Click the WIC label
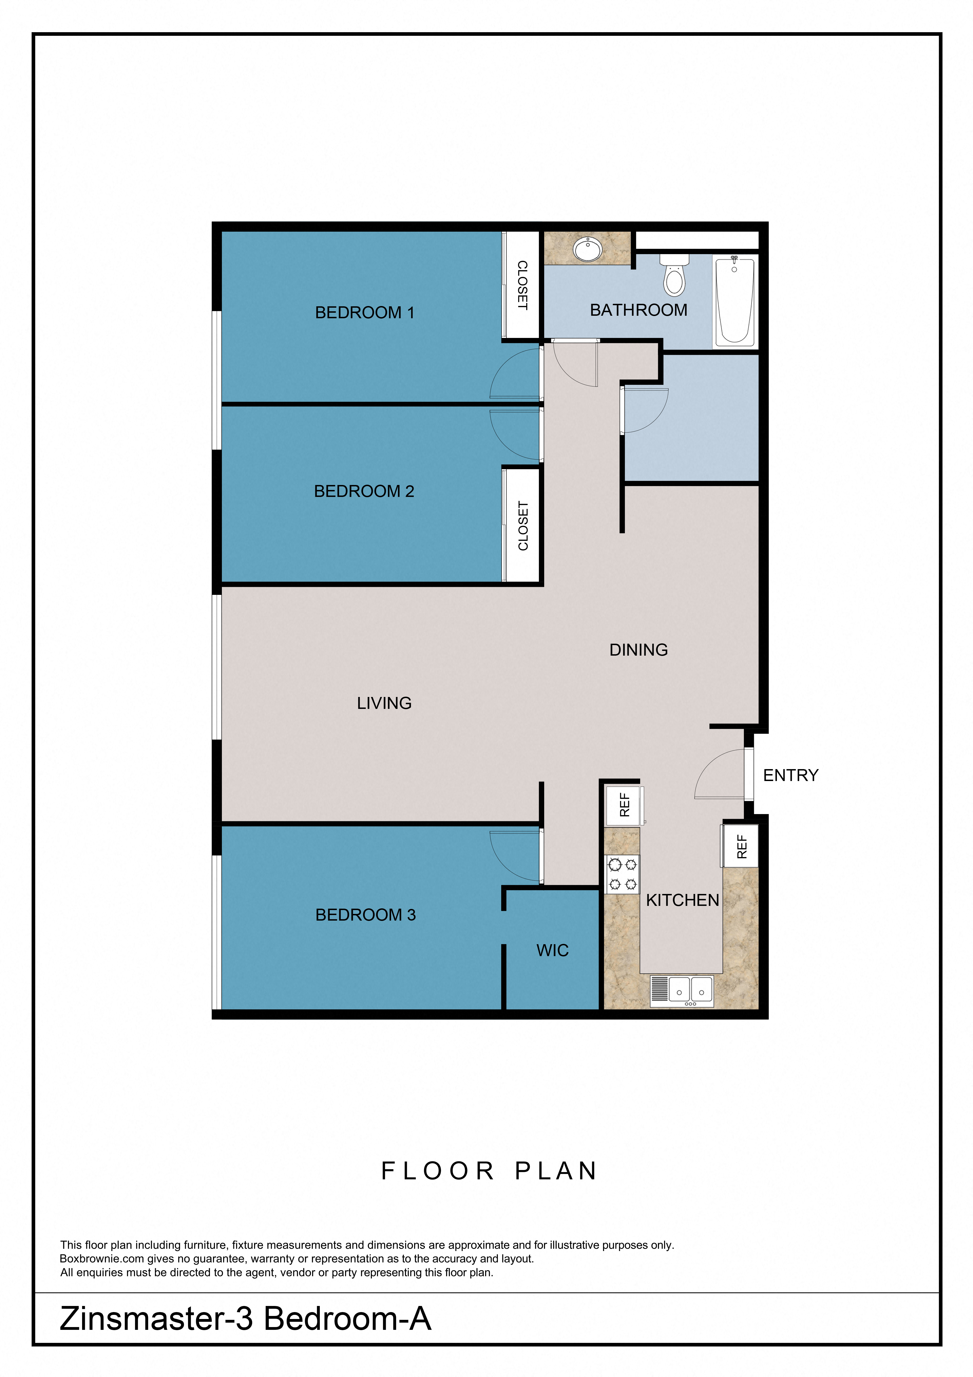552,951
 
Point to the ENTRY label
790,775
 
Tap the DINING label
638,650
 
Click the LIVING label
384,703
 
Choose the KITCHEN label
682,900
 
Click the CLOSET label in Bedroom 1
522,285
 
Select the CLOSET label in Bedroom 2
523,526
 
